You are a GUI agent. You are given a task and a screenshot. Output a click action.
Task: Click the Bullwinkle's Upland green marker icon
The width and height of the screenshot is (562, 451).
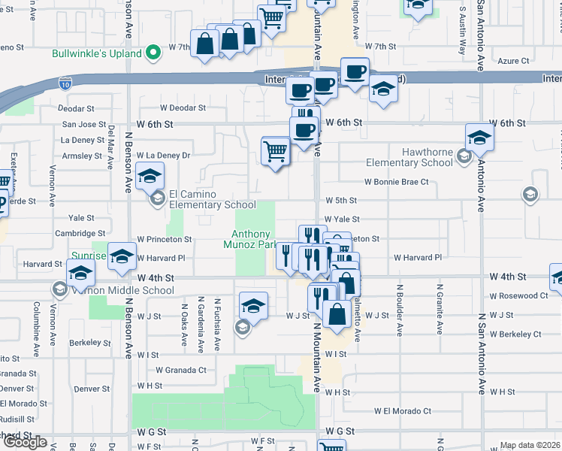click(x=153, y=53)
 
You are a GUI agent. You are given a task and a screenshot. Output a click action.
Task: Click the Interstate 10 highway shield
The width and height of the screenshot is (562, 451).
click(x=66, y=83)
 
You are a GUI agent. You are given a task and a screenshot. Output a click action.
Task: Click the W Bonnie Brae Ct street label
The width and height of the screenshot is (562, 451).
click(x=396, y=182)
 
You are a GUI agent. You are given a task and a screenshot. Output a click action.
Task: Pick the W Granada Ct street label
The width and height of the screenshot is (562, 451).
click(x=180, y=370)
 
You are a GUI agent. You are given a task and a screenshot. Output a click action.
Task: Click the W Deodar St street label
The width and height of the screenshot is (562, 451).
click(x=183, y=108)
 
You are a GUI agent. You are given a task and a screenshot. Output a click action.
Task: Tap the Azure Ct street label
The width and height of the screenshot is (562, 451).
click(x=514, y=61)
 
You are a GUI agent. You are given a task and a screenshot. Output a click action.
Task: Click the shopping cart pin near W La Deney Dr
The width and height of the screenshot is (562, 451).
click(x=276, y=151)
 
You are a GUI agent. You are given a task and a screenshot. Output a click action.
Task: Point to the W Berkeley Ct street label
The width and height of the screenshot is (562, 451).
click(x=515, y=334)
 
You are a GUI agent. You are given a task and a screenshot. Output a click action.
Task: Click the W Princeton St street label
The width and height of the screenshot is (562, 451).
click(x=164, y=240)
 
